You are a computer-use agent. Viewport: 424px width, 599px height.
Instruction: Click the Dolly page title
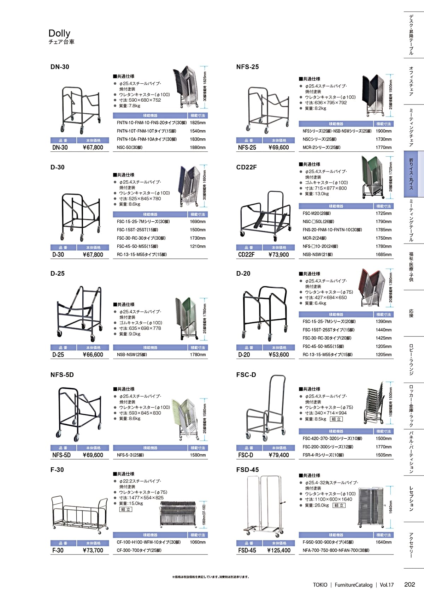[x=59, y=33]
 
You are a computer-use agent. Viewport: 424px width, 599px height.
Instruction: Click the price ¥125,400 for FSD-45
[x=279, y=550]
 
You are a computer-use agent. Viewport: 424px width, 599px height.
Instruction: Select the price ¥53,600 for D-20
[x=279, y=355]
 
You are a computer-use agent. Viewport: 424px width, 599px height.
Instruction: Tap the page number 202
[x=409, y=585]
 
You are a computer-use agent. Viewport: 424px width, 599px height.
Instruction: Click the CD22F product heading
[x=246, y=167]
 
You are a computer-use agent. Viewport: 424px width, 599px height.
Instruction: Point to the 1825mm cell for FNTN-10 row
[x=198, y=123]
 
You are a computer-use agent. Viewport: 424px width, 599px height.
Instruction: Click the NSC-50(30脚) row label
[x=130, y=148]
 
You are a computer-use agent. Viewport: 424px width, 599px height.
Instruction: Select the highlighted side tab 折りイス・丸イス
[x=411, y=174]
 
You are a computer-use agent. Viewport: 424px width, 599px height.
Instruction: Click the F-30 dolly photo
[x=79, y=514]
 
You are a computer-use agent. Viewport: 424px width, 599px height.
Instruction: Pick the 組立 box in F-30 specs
[x=126, y=509]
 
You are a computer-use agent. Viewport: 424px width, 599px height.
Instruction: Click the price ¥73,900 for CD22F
[x=279, y=254]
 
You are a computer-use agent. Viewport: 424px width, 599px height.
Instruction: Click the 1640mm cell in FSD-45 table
[x=383, y=542]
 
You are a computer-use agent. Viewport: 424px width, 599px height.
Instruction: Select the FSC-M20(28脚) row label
[x=317, y=214]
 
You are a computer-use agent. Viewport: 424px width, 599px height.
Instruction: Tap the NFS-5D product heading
[x=62, y=375]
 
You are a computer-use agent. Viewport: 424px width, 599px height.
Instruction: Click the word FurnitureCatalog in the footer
[x=353, y=585]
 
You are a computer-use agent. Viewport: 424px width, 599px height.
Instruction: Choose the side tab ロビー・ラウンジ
[x=411, y=359]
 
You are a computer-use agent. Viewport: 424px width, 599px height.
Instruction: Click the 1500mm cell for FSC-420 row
[x=383, y=439]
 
